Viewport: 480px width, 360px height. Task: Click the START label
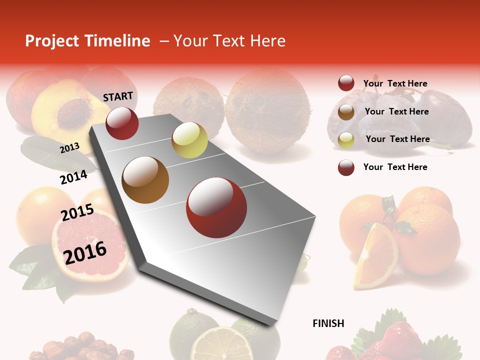click(x=118, y=96)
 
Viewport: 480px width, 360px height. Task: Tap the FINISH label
click(x=328, y=323)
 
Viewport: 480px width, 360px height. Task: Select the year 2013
click(x=69, y=147)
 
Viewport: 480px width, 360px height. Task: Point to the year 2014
click(x=73, y=177)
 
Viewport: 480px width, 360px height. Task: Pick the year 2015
click(x=77, y=212)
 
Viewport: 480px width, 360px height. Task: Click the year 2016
click(x=85, y=252)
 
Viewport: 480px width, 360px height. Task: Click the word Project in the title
click(x=52, y=41)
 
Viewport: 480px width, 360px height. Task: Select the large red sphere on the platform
click(x=216, y=207)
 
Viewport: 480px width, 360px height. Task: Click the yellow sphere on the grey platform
click(x=189, y=140)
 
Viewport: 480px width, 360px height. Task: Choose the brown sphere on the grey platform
click(x=145, y=179)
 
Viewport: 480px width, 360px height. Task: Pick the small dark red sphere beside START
click(x=122, y=123)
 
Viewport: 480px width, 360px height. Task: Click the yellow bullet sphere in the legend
click(x=346, y=140)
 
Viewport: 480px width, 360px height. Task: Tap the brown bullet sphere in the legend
click(x=346, y=112)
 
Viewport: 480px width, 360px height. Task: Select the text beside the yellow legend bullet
click(x=397, y=139)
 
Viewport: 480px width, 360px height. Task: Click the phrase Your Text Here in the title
click(x=229, y=41)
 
